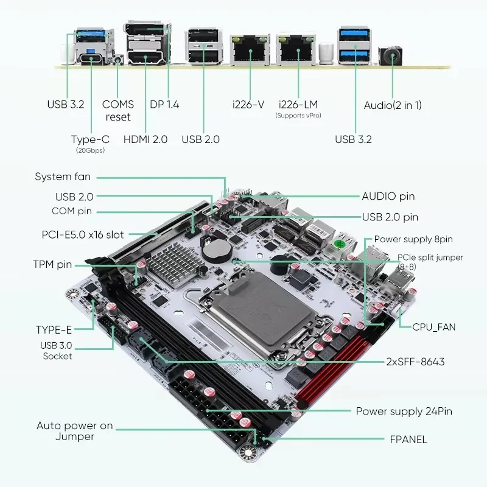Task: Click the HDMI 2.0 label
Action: click(145, 139)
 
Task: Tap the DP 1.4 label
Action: click(164, 104)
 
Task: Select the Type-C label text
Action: click(90, 139)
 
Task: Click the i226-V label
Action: click(248, 104)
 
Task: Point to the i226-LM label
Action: click(298, 104)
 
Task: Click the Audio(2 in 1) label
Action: click(393, 105)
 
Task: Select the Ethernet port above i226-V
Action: click(249, 50)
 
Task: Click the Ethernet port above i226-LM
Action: click(295, 50)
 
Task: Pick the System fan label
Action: click(63, 177)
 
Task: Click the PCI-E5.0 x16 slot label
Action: click(83, 234)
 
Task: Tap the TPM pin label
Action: click(52, 264)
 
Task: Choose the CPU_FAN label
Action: click(434, 327)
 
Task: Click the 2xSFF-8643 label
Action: click(415, 362)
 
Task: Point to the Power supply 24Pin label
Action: click(404, 412)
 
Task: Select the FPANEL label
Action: click(408, 439)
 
